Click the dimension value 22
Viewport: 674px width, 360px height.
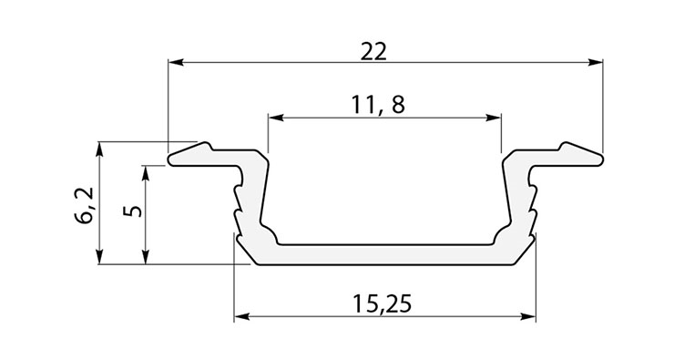373,52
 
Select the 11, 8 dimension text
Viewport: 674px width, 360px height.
378,105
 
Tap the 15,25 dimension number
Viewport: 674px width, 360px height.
382,303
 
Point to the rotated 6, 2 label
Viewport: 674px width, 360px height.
84,205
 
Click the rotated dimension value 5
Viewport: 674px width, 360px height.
135,211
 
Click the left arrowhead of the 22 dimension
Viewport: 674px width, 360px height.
176,62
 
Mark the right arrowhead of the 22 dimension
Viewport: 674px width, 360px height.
595,62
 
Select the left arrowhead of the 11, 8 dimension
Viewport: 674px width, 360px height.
276,118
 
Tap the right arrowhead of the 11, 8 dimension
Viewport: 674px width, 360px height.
494,118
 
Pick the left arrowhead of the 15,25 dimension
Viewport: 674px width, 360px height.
242,317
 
